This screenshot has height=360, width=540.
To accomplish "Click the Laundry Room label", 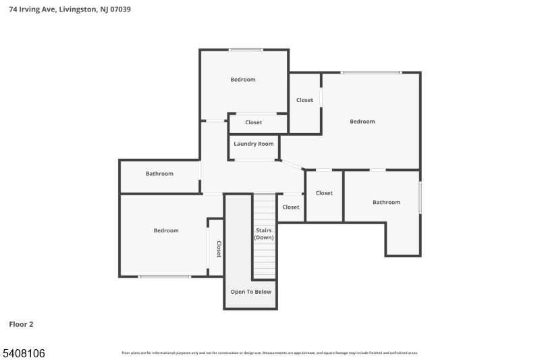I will tap(254, 144).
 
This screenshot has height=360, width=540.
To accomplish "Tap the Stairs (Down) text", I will tap(264, 234).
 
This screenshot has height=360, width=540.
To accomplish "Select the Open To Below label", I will tap(251, 292).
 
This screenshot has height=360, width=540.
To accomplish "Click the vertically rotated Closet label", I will tap(219, 249).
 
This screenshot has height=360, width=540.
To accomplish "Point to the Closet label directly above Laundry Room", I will tap(254, 122).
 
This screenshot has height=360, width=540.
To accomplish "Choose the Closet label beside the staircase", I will tap(291, 207).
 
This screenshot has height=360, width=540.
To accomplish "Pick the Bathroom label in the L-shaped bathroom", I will tap(386, 202).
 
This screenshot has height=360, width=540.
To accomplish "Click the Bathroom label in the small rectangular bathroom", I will tap(159, 174).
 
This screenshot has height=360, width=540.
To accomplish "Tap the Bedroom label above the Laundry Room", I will tap(243, 80).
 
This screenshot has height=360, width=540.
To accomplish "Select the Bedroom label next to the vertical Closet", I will tap(166, 230).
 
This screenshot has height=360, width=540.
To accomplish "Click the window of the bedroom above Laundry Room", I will tap(246, 49).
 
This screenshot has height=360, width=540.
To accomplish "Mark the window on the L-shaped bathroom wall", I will tap(420, 197).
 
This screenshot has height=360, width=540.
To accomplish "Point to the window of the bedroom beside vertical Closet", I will tap(165, 276).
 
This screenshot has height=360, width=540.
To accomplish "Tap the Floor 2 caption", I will tap(21, 324).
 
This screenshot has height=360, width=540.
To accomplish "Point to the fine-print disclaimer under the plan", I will tap(269, 353).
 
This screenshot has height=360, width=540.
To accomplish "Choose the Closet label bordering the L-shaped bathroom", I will tap(324, 193).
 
